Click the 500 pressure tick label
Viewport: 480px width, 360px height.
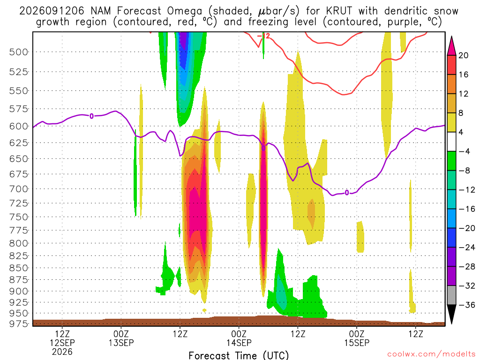point(19,52)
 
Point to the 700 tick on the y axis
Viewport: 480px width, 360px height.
point(19,189)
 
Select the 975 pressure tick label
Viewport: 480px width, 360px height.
point(19,323)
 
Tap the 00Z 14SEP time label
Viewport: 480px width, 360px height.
point(239,338)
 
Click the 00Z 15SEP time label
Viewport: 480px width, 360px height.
point(357,338)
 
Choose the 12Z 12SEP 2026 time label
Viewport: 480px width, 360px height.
point(62,343)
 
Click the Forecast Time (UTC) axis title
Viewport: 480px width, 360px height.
point(239,355)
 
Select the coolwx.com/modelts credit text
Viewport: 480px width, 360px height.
point(431,354)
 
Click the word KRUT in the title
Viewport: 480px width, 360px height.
point(339,11)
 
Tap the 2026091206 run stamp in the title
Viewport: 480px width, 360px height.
point(52,11)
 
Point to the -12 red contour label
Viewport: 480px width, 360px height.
point(263,36)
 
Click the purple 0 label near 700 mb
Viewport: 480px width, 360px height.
point(346,193)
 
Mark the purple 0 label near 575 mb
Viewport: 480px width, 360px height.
point(91,116)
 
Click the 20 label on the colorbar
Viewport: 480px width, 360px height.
point(463,55)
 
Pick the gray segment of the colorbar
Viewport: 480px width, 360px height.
point(451,295)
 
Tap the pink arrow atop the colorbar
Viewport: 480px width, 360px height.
point(451,46)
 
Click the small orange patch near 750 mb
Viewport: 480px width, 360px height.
point(311,214)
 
